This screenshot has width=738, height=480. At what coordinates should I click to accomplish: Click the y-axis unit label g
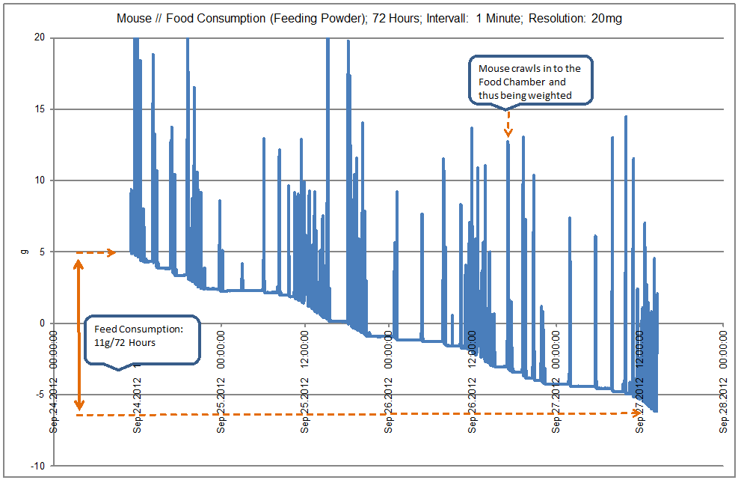click(22, 252)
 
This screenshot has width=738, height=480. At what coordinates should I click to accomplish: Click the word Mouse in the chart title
click(133, 19)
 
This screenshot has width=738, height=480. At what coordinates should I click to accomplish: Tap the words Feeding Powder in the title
click(291, 19)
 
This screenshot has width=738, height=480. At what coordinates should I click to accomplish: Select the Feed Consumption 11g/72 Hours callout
click(141, 340)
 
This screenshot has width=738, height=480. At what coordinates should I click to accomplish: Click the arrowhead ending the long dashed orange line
click(636, 412)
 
